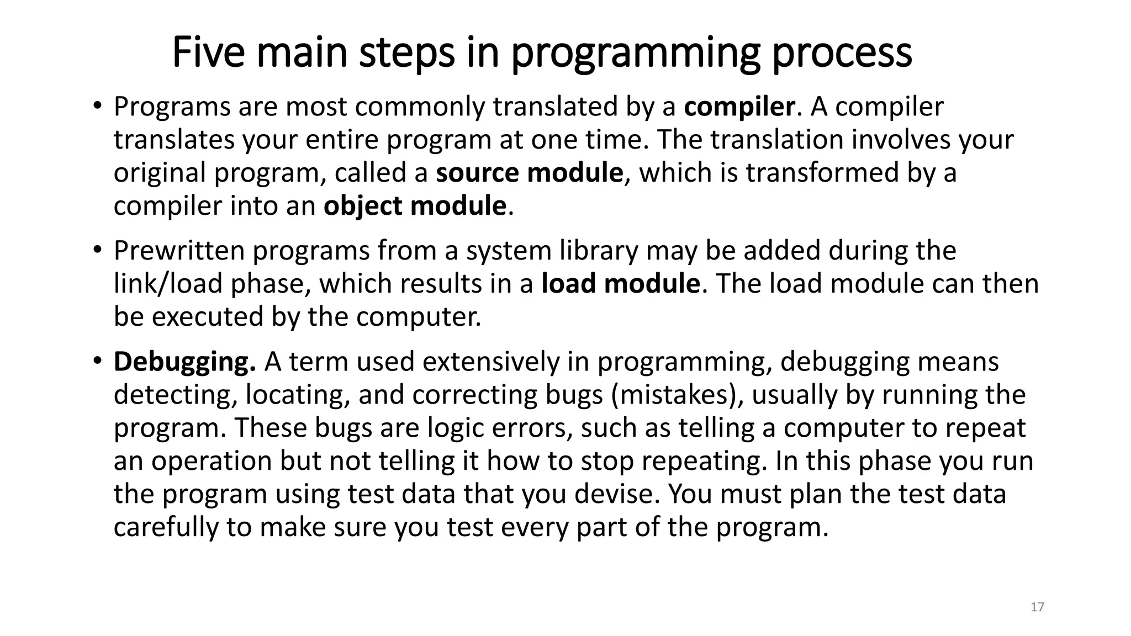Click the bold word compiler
point(739,107)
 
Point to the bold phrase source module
point(530,173)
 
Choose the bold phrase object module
point(415,206)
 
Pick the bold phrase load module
point(621,284)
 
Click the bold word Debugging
point(184,362)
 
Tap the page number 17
point(1037,607)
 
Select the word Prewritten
point(179,251)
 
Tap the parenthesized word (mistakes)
point(677,395)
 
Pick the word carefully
point(166,527)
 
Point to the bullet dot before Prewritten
point(97,250)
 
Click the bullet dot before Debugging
point(97,361)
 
